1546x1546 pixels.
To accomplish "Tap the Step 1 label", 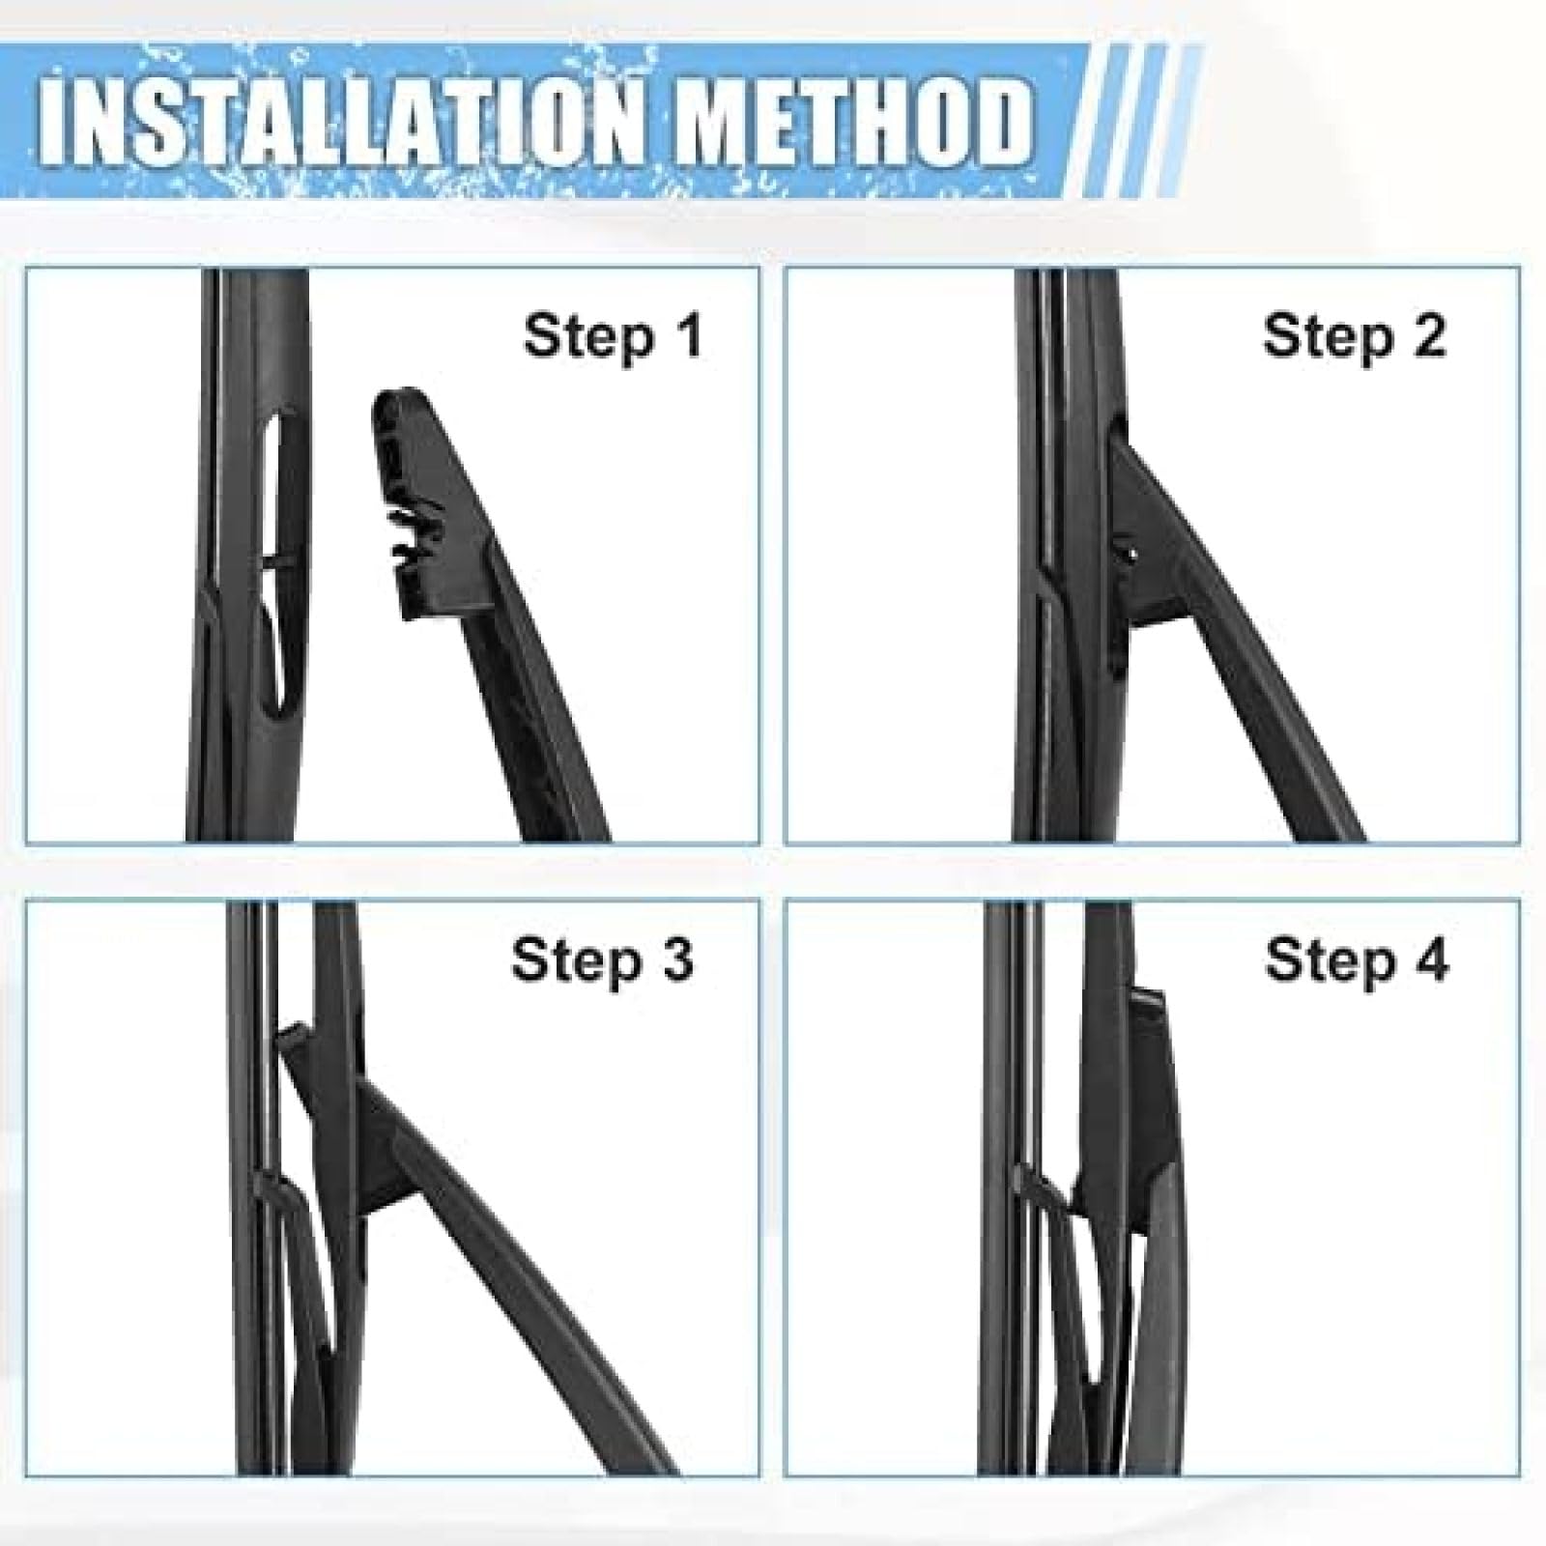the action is [x=613, y=337].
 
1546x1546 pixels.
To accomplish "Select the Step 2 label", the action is [x=1354, y=337].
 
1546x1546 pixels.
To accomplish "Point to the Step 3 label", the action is [x=603, y=961].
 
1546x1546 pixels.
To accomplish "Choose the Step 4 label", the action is [x=1357, y=961].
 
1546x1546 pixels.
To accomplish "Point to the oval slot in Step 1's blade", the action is [x=275, y=560].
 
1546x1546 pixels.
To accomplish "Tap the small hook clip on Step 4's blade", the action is [x=1039, y=1184].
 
